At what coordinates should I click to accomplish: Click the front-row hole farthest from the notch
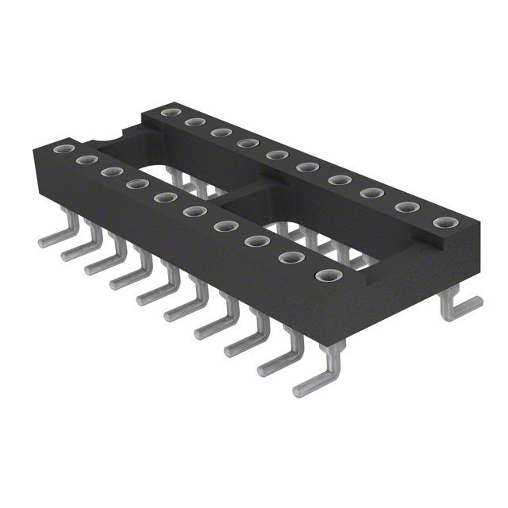coord(327,276)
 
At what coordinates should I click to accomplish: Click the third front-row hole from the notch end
coord(111,171)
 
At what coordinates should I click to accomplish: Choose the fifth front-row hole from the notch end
coord(165,197)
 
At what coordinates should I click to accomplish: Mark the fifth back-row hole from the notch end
coord(276,154)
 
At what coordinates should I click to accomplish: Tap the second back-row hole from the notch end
coord(194,122)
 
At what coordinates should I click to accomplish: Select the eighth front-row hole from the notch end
coord(256,241)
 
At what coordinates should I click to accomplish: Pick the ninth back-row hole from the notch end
coord(406,207)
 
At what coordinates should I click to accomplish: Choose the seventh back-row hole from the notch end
coord(340,179)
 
